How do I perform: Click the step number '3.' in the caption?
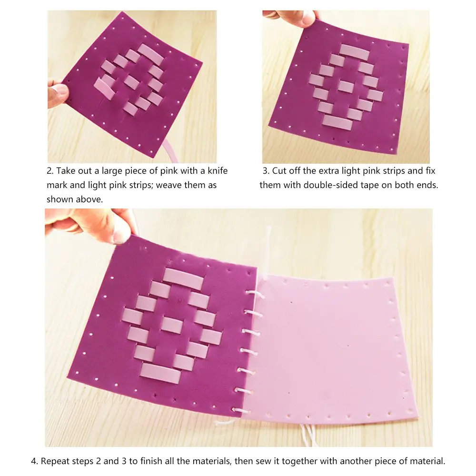tap(266, 171)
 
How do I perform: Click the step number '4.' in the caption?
tap(34, 461)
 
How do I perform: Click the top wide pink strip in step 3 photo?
tap(354, 52)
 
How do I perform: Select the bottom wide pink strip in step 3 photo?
tap(337, 122)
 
